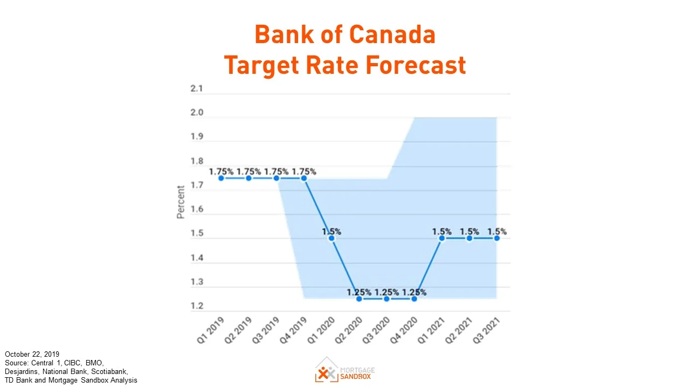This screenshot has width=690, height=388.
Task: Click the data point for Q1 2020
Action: point(332,238)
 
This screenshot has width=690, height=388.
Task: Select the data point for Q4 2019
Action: point(304,178)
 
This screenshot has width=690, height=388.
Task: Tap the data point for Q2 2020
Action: point(359,299)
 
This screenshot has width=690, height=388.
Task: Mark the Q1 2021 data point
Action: point(441,238)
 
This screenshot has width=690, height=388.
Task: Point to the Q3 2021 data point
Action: point(496,238)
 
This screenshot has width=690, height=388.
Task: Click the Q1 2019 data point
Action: point(221,178)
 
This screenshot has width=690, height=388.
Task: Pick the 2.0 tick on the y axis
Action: point(196,113)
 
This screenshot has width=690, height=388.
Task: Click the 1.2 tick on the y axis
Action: point(196,306)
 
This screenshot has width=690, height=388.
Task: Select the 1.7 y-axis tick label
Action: point(196,185)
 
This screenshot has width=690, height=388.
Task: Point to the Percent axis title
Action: point(181,202)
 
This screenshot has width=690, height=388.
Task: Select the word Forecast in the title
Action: point(416,65)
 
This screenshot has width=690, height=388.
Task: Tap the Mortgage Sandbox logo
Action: point(345,369)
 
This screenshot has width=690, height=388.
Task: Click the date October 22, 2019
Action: point(32,354)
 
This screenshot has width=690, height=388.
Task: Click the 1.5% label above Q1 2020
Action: point(332,232)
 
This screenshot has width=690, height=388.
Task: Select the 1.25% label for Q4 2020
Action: point(414,293)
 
